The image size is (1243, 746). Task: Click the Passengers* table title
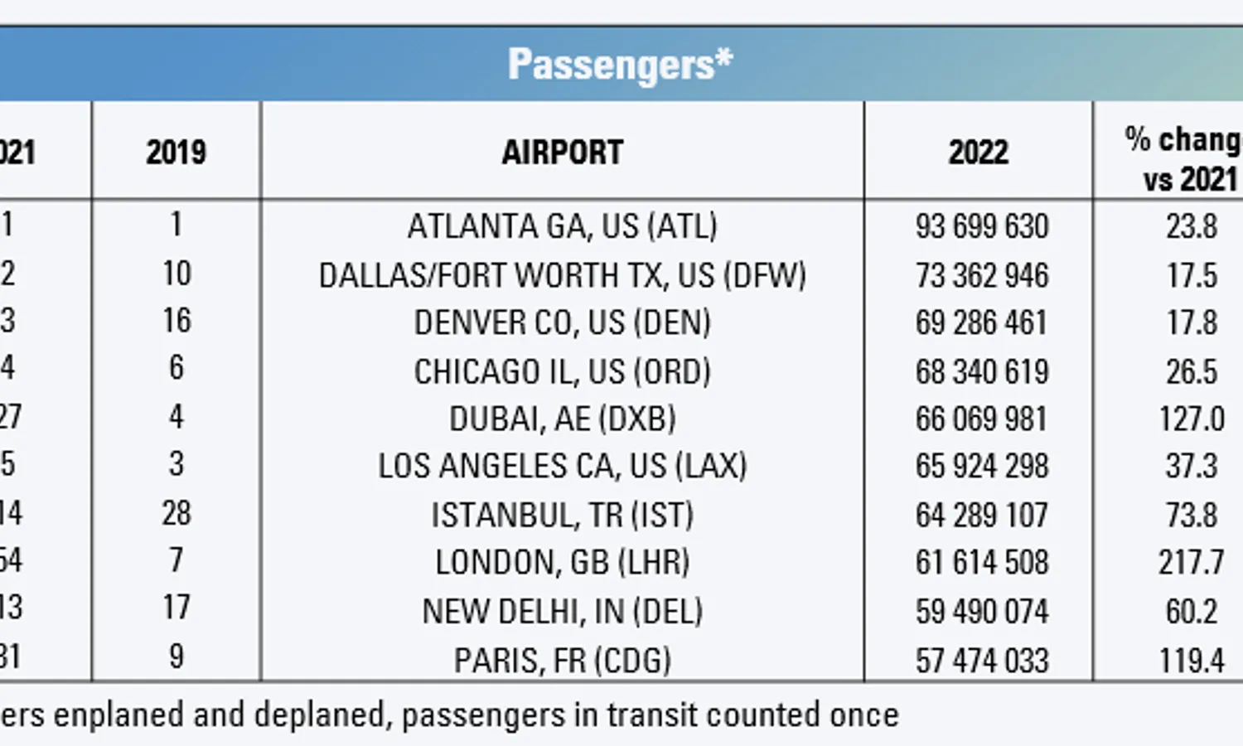point(620,65)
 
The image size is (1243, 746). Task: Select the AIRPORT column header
point(562,153)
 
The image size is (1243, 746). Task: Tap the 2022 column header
point(978,153)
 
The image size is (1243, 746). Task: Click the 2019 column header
point(176,153)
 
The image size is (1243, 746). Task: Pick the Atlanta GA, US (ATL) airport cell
point(562,226)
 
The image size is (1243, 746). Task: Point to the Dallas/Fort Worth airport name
point(562,275)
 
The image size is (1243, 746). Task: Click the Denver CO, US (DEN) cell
point(562,322)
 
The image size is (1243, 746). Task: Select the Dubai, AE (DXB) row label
point(562,419)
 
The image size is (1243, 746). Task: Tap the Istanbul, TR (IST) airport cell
point(562,516)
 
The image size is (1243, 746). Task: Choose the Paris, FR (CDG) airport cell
point(562,661)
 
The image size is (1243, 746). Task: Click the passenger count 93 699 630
point(982,226)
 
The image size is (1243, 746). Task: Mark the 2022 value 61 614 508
point(982,563)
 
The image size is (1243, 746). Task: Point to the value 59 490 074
point(982,612)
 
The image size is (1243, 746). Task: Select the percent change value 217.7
point(1191,563)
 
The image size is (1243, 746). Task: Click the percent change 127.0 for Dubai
point(1191,419)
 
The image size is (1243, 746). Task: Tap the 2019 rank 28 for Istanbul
point(176,513)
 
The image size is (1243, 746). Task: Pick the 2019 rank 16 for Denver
point(176,321)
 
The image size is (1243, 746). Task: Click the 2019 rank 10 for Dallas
point(176,274)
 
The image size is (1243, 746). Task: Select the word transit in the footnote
point(652,715)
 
